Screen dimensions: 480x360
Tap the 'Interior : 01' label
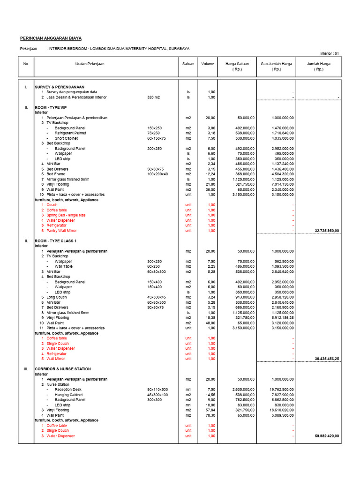pos(330,53)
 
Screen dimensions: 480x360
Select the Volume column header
pos(208,64)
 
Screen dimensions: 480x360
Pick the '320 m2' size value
pos(153,97)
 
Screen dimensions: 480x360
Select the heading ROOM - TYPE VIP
pos(51,107)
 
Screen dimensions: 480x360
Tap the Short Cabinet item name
pos(67,138)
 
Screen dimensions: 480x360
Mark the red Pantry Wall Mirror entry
pos(61,231)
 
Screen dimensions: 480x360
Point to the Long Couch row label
pos(56,297)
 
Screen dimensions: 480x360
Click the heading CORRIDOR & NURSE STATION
pos(63,369)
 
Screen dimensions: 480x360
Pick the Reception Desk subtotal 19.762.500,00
pos(282,390)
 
